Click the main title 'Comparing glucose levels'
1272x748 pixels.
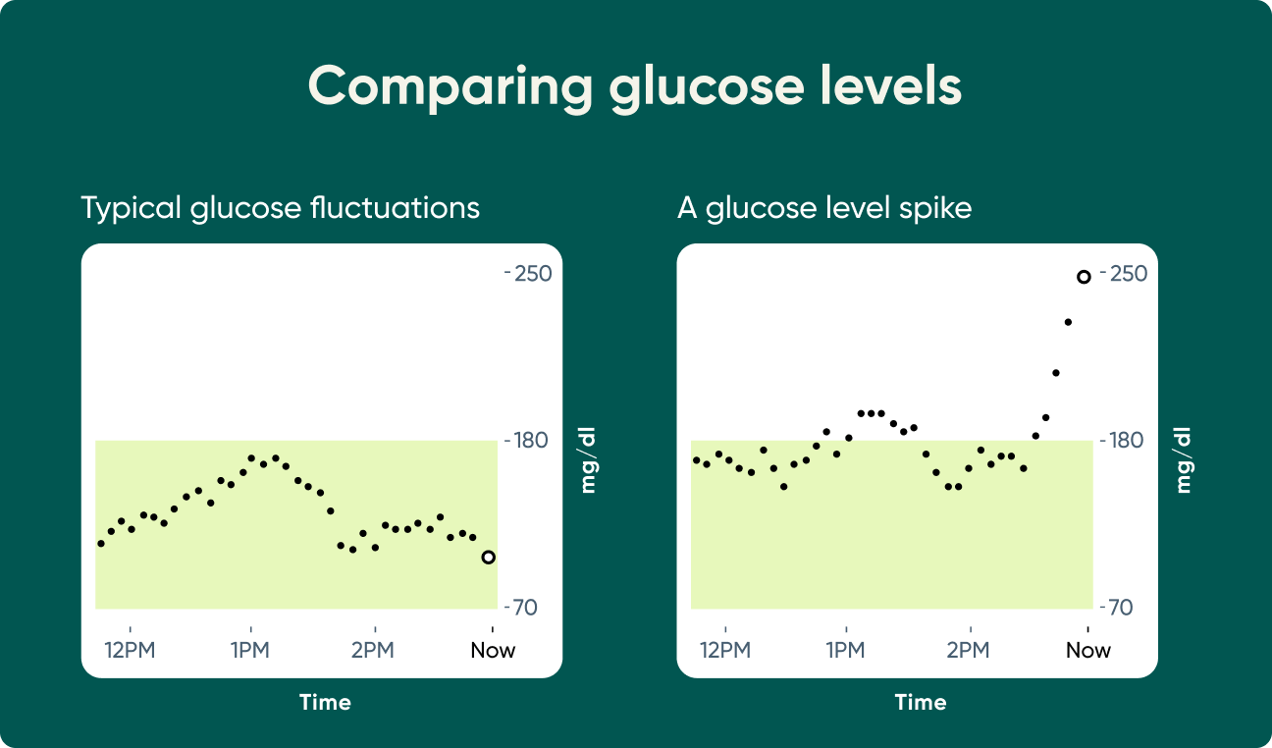pos(635,86)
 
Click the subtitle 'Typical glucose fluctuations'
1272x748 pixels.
pos(280,208)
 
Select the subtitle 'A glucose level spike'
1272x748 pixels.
pos(823,208)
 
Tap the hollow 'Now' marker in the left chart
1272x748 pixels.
pos(488,558)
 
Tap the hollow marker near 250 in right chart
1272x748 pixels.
pos(1084,277)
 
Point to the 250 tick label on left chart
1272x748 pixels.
pos(532,273)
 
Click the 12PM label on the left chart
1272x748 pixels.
pos(130,650)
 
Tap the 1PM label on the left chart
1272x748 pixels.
pos(250,650)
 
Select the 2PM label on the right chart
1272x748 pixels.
pos(969,650)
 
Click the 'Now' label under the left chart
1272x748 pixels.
pos(493,650)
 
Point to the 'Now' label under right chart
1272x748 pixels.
pos(1088,650)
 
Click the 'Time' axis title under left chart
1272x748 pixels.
pos(325,703)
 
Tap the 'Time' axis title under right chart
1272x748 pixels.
pos(921,703)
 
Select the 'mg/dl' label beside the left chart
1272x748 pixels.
pos(588,459)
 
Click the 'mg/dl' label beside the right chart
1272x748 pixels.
pos(1184,459)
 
